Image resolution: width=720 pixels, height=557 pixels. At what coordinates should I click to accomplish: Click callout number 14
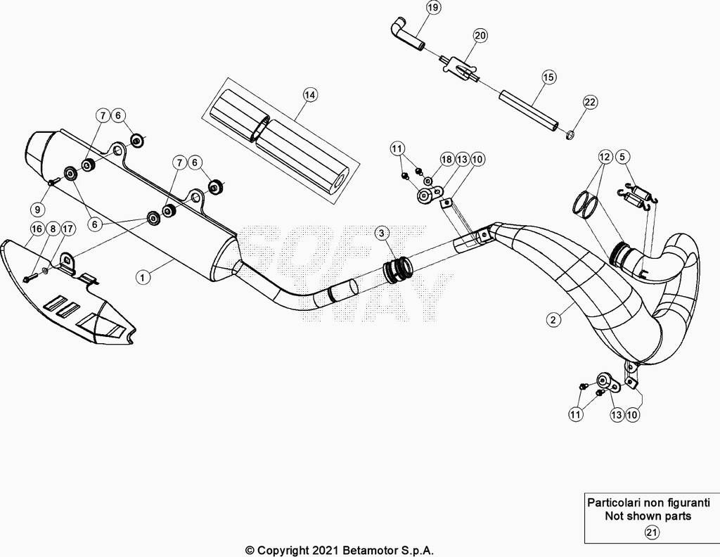coord(310,95)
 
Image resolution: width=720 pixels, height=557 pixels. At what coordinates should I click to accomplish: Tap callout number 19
coord(432,8)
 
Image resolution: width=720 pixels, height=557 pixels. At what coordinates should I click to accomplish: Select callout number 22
coord(590,101)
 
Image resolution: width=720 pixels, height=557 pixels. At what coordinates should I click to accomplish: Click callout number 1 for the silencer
coord(143,277)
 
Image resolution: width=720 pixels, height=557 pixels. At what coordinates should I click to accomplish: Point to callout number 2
coord(553,319)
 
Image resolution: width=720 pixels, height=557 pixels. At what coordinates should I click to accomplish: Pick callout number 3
coord(382,233)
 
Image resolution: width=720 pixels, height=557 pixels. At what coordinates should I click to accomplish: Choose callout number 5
coord(622,157)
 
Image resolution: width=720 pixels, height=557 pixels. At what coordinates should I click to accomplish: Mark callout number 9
coord(37,210)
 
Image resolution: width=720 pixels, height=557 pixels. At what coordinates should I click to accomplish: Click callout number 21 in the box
coord(652,532)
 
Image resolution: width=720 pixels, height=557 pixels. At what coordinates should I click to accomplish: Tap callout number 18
coord(446,160)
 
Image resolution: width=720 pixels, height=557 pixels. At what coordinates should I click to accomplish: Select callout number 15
coord(548,77)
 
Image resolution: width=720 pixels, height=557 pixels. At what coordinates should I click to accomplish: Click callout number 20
coord(480,35)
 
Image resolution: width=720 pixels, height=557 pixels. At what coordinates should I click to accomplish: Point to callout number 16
coord(37,229)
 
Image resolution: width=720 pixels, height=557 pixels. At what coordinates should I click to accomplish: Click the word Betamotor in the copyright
coord(365,550)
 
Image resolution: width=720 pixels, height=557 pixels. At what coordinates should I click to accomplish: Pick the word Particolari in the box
coord(613,502)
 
